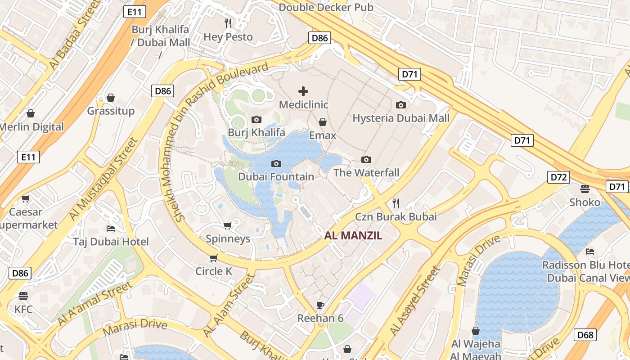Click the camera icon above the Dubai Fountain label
pos(276,163)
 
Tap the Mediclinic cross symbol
pos(303,91)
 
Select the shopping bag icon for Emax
pos(323,122)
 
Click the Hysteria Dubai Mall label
pos(401,118)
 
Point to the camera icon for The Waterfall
pos(366,159)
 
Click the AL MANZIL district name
pos(353,235)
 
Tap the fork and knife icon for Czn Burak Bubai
pos(396,203)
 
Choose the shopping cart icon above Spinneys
pos(228,225)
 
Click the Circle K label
pos(214,271)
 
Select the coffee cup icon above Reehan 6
pos(320,305)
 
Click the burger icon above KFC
pos(23,296)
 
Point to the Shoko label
pos(585,202)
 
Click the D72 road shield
pos(558,177)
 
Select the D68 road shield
pos(585,334)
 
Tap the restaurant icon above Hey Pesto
pos(229,23)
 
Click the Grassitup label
pos(111,111)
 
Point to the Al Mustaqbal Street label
pos(103,179)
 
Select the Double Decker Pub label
pos(326,7)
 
